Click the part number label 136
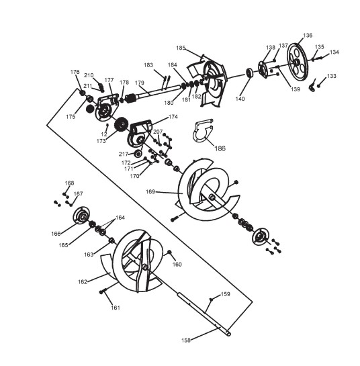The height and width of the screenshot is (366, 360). coord(308,36)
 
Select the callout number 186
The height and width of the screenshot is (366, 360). coord(220,148)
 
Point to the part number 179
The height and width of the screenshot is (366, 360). coord(140,83)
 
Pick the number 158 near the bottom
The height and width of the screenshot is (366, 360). coord(186,340)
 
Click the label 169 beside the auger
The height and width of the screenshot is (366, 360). coord(150,191)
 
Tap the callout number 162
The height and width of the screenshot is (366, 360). coord(83,282)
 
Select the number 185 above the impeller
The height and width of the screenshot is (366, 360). coord(181,48)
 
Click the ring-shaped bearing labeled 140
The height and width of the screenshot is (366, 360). coord(250,73)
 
